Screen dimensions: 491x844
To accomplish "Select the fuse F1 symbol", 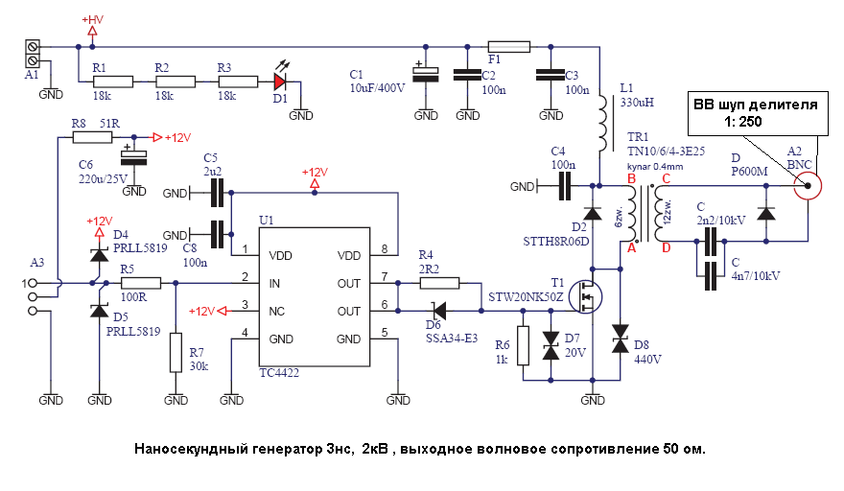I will tap(508, 46).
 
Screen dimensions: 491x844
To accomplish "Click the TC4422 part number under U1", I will tap(279, 372).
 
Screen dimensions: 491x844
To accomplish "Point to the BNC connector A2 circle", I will tap(808, 185).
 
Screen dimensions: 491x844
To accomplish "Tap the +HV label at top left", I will tap(92, 20).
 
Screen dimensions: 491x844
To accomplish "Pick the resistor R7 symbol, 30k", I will tap(176, 352).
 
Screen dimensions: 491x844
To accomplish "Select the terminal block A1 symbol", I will tap(33, 53).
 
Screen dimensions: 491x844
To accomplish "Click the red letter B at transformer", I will tap(630, 178).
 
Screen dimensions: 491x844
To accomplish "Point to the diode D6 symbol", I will tap(438, 311).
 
